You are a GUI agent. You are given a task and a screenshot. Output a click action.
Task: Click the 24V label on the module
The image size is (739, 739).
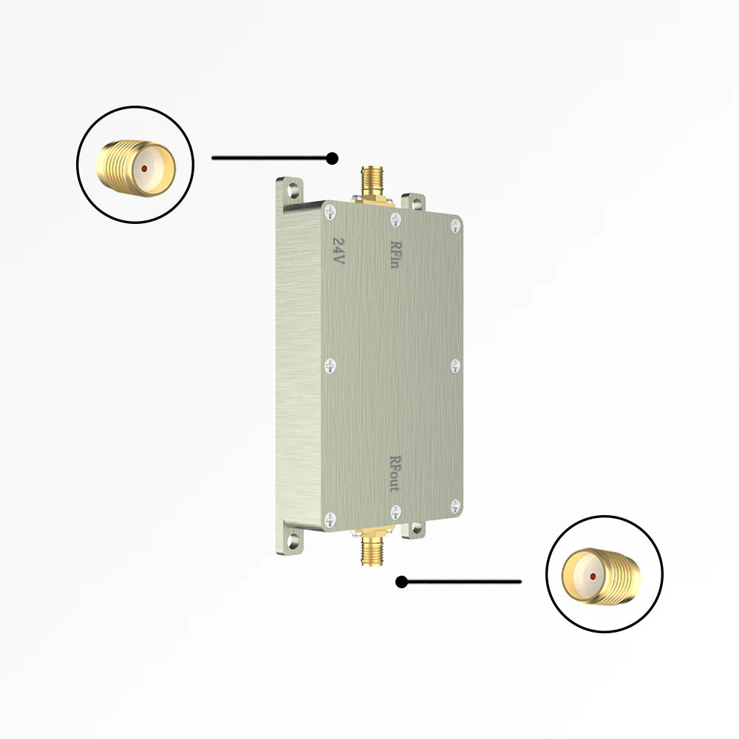pyautogui.click(x=339, y=251)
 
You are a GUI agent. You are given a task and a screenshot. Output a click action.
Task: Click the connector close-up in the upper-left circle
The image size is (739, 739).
pyautogui.click(x=135, y=166)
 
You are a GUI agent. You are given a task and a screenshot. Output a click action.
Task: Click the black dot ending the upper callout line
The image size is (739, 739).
pyautogui.click(x=333, y=158)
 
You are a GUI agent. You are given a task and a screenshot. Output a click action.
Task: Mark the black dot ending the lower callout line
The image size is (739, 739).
pyautogui.click(x=401, y=582)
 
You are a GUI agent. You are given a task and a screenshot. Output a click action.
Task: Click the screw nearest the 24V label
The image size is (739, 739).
pyautogui.click(x=329, y=212)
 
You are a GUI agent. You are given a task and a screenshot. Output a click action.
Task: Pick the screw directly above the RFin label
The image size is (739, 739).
pyautogui.click(x=395, y=218)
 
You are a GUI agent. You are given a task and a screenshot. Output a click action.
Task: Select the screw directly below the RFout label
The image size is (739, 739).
pyautogui.click(x=395, y=510)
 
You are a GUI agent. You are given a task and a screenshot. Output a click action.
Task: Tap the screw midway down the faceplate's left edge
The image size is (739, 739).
pyautogui.click(x=330, y=364)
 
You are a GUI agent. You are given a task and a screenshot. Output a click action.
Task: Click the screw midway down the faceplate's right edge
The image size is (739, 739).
pyautogui.click(x=455, y=365)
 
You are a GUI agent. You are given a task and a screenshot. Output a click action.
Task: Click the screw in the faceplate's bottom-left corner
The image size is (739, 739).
pyautogui.click(x=330, y=520)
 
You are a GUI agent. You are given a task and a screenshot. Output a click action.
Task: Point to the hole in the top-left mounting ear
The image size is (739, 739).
pyautogui.click(x=294, y=190)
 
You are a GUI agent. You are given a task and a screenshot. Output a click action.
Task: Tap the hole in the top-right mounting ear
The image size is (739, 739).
pyautogui.click(x=415, y=202)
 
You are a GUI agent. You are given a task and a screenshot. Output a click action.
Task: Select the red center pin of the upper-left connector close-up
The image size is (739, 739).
pyautogui.click(x=143, y=168)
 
